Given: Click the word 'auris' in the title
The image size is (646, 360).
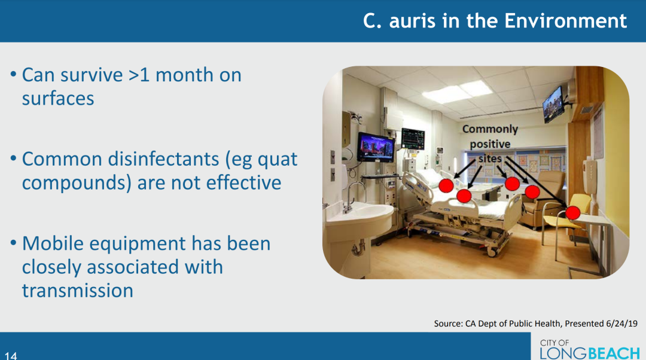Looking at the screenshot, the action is (x=412, y=21).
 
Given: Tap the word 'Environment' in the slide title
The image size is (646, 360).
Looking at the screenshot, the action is (x=565, y=21).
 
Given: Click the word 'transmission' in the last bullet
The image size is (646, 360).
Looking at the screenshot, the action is (x=77, y=291).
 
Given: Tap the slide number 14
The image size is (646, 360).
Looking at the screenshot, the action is (x=11, y=355).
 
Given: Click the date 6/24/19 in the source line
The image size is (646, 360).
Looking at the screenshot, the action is (x=621, y=324).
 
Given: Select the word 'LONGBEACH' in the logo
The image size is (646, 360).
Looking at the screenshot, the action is (x=590, y=353).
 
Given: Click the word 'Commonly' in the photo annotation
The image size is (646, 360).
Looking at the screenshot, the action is (x=490, y=129).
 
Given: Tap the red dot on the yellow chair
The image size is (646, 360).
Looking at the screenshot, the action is (x=572, y=212).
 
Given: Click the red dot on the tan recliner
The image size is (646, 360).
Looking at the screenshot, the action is (x=532, y=191).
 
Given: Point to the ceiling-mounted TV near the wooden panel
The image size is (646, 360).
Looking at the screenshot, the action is (x=553, y=105).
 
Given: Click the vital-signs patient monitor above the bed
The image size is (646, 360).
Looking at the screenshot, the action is (x=413, y=139).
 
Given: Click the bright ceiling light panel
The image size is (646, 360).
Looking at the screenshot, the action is (x=457, y=92).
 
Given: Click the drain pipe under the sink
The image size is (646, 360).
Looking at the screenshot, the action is (x=358, y=247).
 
